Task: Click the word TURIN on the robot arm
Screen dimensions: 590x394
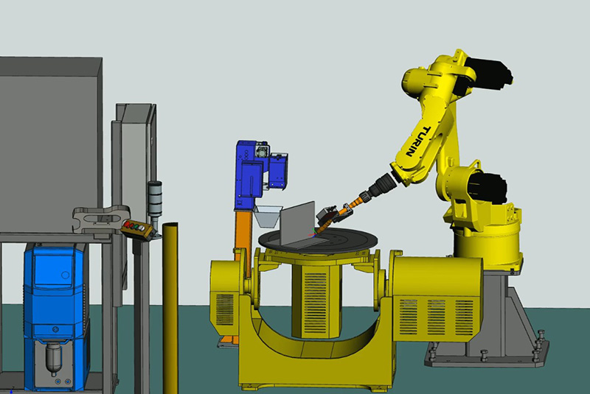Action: (x=417, y=141)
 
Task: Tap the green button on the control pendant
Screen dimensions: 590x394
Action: (x=136, y=227)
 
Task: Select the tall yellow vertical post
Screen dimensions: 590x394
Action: (x=170, y=308)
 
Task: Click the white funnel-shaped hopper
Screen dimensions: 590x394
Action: (x=268, y=217)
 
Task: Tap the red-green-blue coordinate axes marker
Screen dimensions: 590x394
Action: (x=312, y=233)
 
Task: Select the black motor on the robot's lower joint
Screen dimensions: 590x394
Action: (x=489, y=186)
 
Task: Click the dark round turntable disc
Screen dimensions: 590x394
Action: (x=318, y=240)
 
